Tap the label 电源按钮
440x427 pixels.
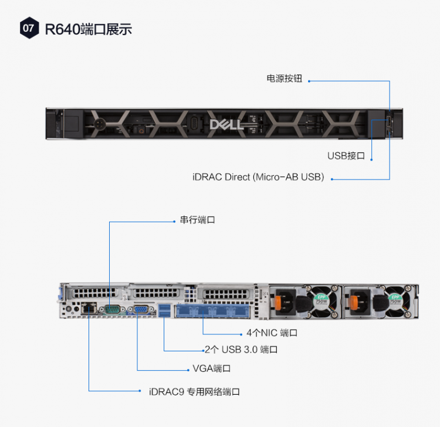[x=285, y=79]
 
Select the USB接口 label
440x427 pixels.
[x=346, y=155]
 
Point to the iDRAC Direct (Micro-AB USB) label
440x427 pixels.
[x=258, y=177]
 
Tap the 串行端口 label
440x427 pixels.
[x=198, y=220]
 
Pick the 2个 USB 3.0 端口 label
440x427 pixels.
[x=241, y=350]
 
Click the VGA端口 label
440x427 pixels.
[x=212, y=368]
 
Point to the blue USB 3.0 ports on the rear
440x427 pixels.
[x=164, y=309]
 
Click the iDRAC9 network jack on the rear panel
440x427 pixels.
[x=89, y=307]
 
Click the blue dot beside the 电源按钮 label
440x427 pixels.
[x=309, y=80]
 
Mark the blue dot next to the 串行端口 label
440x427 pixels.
[x=174, y=221]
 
